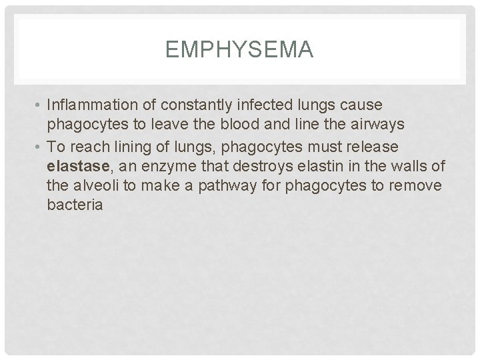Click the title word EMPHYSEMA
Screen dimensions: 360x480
[x=239, y=49]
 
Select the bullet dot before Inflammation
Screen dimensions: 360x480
[x=40, y=106]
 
